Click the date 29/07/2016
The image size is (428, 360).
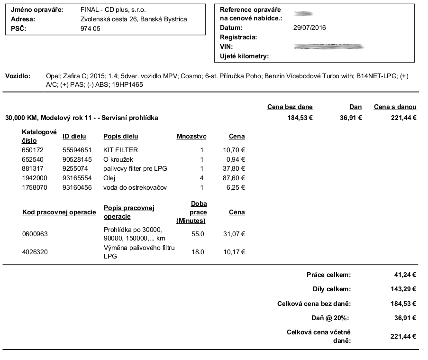click(310, 28)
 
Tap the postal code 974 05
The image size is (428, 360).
click(91, 28)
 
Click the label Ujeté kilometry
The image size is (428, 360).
click(245, 56)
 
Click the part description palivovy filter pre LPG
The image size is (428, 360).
click(135, 169)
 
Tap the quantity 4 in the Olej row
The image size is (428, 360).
click(201, 178)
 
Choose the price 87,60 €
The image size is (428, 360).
click(234, 178)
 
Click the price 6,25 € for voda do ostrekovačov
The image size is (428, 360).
click(236, 188)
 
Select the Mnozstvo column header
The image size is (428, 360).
click(191, 137)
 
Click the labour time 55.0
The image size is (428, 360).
click(197, 234)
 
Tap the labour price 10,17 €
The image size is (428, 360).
click(234, 252)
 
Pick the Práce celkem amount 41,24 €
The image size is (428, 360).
click(405, 274)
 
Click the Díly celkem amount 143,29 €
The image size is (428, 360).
click(403, 289)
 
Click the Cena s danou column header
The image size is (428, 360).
click(395, 107)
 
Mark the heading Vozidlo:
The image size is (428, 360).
click(18, 76)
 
